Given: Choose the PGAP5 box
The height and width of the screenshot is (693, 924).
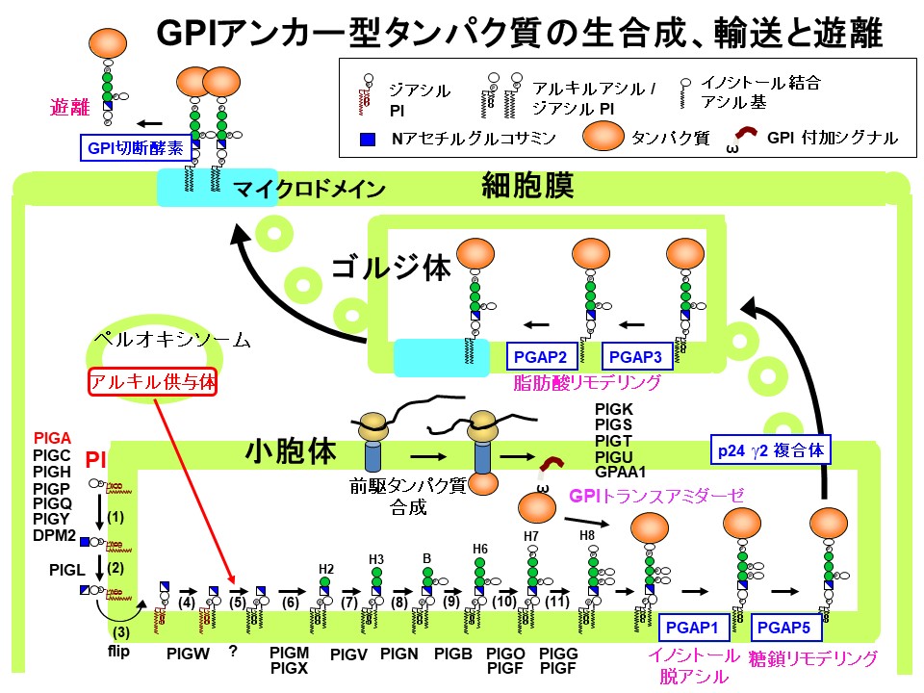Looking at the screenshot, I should pos(783,629).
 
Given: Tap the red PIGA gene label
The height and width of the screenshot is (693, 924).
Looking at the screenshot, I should pos(52,437).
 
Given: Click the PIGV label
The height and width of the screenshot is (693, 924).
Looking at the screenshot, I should pos(348,654).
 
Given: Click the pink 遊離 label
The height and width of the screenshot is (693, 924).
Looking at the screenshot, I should pos(68,109).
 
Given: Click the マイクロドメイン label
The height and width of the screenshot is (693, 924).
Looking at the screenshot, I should pos(309,190).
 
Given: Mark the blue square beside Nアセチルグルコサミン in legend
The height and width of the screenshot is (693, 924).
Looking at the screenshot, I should pos(366,139).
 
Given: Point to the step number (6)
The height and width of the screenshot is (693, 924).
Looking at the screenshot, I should pos(290,603).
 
